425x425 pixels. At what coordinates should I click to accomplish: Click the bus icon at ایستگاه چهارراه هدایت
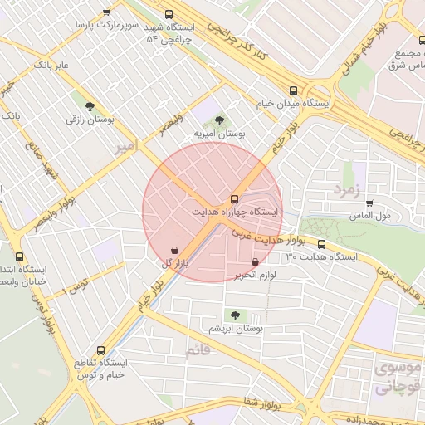tap(234, 199)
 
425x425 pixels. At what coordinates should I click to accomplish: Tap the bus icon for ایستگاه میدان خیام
tap(292, 90)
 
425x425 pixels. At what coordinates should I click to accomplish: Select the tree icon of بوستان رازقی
tap(90, 106)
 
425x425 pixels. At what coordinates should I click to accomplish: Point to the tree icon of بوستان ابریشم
tap(235, 315)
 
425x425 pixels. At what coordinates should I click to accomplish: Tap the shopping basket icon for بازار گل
tap(174, 250)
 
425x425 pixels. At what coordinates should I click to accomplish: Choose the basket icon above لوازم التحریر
tap(255, 261)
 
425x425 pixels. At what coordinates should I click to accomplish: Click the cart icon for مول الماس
tap(369, 203)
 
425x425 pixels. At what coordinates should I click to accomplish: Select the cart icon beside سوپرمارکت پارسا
tap(106, 12)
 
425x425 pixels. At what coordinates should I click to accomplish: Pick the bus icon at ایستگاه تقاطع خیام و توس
tap(101, 350)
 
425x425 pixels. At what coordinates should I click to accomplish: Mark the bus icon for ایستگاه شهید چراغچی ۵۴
tap(169, 14)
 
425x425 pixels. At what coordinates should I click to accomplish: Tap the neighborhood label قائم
tap(197, 349)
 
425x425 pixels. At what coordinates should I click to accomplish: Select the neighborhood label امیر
tap(123, 147)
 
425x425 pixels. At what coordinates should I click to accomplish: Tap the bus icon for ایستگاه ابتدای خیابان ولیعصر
tap(20, 257)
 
